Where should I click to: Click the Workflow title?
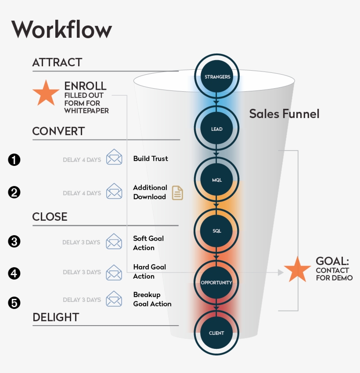61,30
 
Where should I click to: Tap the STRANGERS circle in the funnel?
217,77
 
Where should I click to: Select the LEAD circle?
217,129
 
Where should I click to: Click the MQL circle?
217,180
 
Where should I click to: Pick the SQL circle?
217,231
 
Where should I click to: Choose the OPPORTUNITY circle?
216,282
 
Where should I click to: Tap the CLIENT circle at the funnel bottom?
217,333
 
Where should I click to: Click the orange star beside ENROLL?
46,93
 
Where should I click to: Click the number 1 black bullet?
14,160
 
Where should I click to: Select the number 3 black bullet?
14,242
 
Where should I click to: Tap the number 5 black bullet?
14,302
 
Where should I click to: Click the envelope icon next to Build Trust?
114,157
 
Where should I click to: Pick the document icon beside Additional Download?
177,193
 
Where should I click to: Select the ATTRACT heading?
57,63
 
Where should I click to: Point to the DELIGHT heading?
56,317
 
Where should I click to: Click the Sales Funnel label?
284,114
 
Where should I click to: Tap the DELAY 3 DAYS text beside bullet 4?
81,272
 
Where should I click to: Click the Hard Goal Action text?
149,272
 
